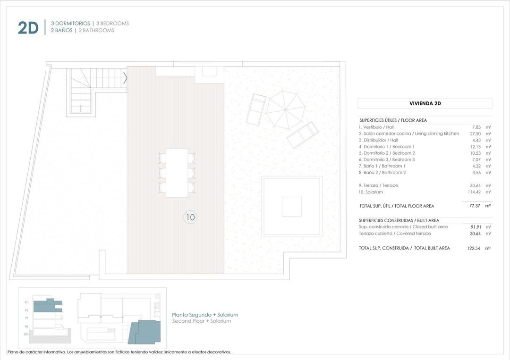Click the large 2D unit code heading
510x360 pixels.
point(28,28)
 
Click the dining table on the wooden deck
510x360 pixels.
point(177,173)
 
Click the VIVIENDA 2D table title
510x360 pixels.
point(425,103)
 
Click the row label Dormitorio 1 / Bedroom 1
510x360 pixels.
point(386,147)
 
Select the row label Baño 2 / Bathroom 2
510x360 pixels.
point(382,173)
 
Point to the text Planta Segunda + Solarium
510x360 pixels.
point(205,315)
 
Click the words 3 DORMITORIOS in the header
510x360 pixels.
point(70,23)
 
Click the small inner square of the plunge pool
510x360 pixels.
point(291,207)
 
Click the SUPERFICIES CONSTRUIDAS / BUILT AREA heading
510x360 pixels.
point(399,220)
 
